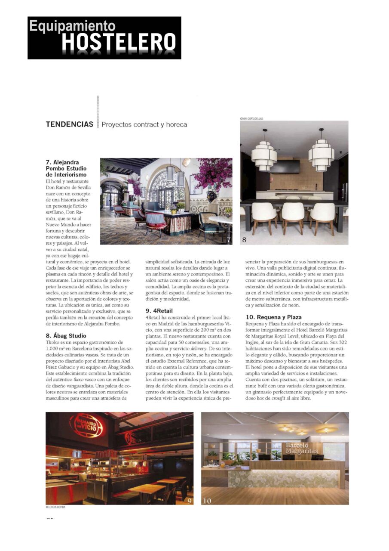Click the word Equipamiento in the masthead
click(x=72, y=26)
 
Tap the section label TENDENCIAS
click(x=70, y=124)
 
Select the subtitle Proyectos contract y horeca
click(x=144, y=124)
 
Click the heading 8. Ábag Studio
click(x=66, y=335)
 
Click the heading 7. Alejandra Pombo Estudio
click(x=66, y=168)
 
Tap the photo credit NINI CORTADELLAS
click(x=252, y=118)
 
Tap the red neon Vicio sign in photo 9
click(x=86, y=425)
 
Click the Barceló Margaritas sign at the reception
click(x=301, y=448)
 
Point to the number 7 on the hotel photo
click(x=228, y=240)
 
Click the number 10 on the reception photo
click(x=207, y=501)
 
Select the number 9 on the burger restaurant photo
click(x=190, y=501)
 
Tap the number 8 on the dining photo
click(x=244, y=240)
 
